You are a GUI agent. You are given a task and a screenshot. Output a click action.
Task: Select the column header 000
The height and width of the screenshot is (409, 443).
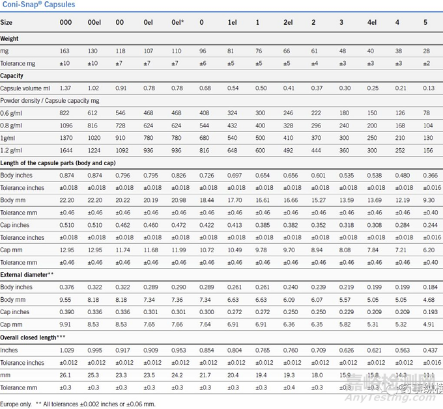tap(66, 22)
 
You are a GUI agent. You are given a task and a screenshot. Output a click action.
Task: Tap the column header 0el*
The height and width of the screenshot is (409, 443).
tap(177, 22)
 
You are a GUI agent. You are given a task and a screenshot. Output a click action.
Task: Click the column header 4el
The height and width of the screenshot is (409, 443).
tap(372, 22)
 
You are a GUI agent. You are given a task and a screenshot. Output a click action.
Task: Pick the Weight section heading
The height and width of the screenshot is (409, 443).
tap(10, 38)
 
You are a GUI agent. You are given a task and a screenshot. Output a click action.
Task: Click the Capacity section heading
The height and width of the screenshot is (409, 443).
tap(12, 75)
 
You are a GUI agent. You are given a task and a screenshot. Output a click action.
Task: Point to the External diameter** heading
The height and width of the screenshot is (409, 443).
tap(27, 274)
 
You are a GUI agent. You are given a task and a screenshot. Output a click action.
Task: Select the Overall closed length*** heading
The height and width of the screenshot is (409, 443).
tap(33, 337)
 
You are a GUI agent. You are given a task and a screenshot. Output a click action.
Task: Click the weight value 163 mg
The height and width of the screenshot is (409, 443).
tap(64, 51)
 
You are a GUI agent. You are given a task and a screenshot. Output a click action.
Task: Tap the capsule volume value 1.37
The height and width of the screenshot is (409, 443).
tap(65, 88)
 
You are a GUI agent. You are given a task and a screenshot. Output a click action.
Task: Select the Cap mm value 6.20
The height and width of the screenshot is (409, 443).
tap(428, 250)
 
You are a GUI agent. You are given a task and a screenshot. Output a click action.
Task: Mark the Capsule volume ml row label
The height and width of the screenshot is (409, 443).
tap(25, 88)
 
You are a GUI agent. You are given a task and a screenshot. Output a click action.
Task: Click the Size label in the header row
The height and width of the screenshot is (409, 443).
tap(7, 22)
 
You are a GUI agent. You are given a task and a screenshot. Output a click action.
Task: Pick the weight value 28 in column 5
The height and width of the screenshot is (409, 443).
tap(426, 51)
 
